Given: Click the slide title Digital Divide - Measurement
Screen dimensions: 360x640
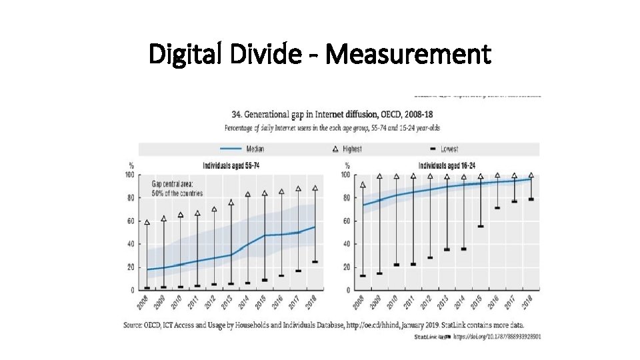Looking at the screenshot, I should [x=320, y=54].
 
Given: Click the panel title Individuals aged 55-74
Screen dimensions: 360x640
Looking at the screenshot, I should [x=231, y=165].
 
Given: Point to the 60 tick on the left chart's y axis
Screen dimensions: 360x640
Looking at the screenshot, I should [x=130, y=221].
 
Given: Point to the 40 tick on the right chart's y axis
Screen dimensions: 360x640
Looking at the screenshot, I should [x=346, y=245].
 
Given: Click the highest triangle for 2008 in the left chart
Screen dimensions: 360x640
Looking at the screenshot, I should [x=147, y=223].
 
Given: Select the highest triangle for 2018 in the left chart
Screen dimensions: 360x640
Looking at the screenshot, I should [x=315, y=189].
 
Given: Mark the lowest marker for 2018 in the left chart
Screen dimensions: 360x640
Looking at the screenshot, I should [x=315, y=262].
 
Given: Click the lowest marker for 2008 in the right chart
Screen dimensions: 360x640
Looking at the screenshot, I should [x=363, y=275].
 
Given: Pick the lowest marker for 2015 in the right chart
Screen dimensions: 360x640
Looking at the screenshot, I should [x=481, y=226].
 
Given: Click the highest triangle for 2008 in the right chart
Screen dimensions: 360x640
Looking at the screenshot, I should [x=363, y=185].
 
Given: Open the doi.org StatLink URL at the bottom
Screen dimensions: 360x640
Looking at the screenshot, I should [x=497, y=337].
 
